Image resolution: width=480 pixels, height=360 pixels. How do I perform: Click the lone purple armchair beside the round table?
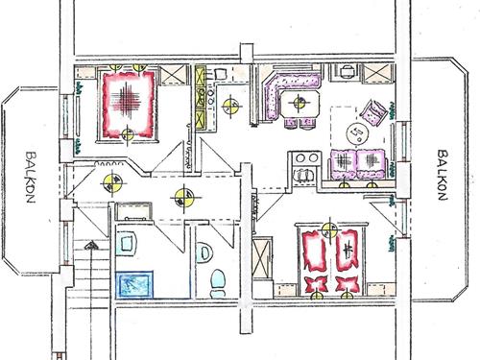tap(376, 114)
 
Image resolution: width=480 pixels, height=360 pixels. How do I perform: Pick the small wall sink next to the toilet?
tap(204, 252)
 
